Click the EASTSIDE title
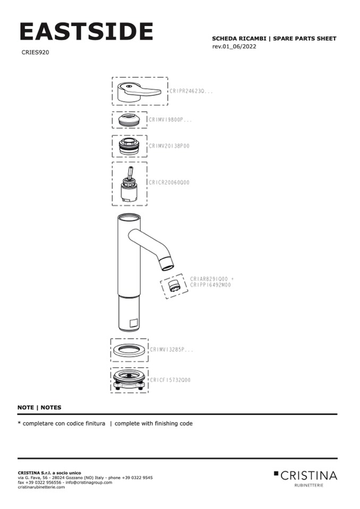click(x=86, y=31)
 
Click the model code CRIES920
click(x=36, y=53)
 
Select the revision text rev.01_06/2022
click(x=237, y=47)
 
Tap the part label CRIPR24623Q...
click(x=191, y=91)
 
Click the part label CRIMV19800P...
click(x=170, y=120)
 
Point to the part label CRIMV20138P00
click(x=169, y=145)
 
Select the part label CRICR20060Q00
click(x=168, y=183)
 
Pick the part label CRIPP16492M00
click(x=210, y=285)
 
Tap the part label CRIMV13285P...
click(x=171, y=350)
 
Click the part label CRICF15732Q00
click(x=170, y=380)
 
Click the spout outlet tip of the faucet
click(x=167, y=262)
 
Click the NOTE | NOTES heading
click(x=39, y=408)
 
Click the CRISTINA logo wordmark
click(x=308, y=475)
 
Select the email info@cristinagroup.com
click(x=89, y=482)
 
